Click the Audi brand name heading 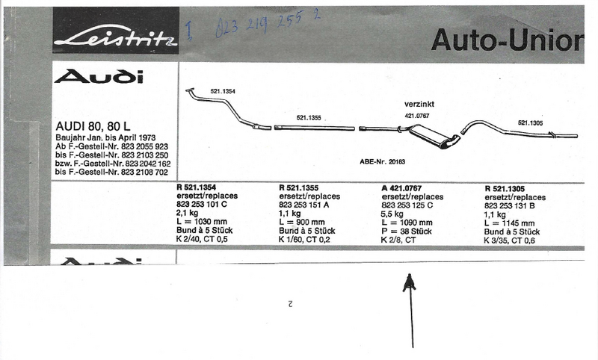(x=99, y=76)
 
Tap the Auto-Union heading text (x=506, y=39)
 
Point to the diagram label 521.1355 (x=308, y=117)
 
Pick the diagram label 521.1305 (x=531, y=122)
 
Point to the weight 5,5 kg (x=392, y=214)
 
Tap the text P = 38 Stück (x=406, y=232)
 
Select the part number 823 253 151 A (x=304, y=205)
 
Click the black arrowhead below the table (x=409, y=283)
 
